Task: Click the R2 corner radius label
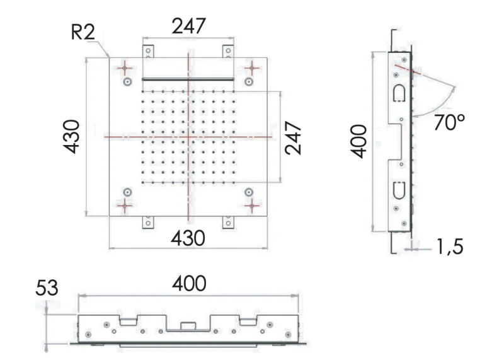[83, 32]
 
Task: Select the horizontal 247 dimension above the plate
[188, 26]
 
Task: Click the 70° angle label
[449, 121]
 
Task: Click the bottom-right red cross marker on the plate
[251, 205]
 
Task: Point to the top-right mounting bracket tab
[227, 50]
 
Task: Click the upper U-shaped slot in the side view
[399, 93]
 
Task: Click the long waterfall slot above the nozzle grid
[188, 79]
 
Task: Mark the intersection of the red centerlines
[188, 136]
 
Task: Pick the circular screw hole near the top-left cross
[127, 82]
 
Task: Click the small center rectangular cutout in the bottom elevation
[188, 326]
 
